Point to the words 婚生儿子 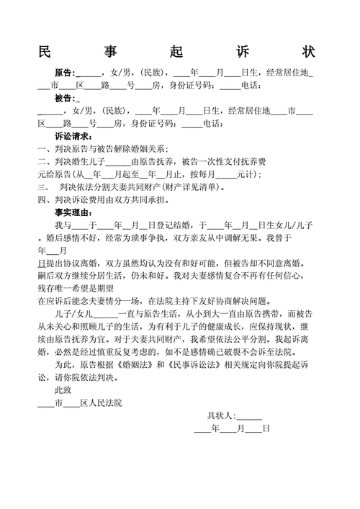pos(89,161)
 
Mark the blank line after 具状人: pos(250,417)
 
